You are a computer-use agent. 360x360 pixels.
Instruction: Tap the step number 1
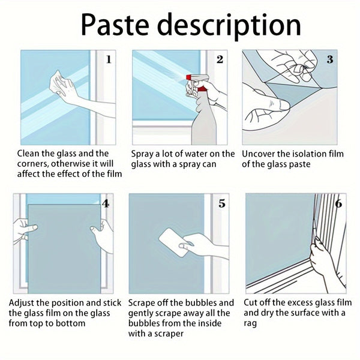(109, 59)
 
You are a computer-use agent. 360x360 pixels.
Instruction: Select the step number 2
(220, 59)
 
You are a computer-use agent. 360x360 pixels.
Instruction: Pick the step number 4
(106, 203)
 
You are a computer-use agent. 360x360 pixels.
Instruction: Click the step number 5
(222, 203)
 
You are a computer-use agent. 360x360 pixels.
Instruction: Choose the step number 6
(338, 203)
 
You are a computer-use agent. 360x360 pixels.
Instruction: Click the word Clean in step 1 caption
(29, 154)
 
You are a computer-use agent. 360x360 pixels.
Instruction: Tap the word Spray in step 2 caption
(144, 154)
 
